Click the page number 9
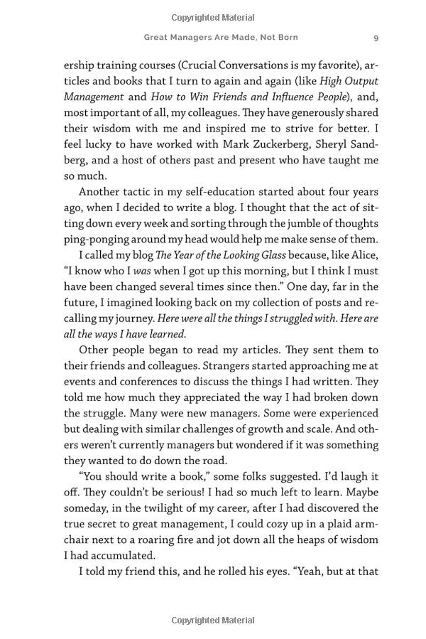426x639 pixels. point(376,37)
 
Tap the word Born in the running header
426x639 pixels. point(285,37)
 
